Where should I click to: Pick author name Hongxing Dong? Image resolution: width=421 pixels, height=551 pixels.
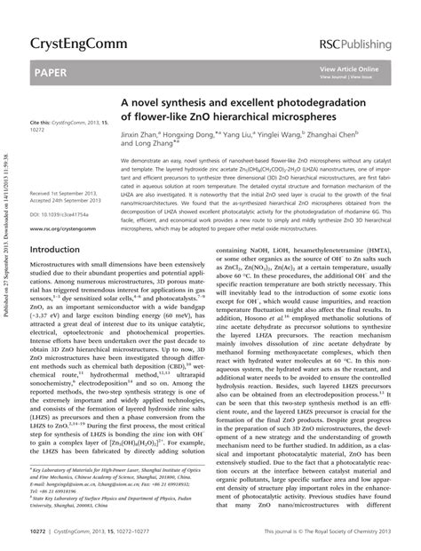coord(223,134)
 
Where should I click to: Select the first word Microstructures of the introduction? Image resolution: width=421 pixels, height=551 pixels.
coord(63,268)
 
